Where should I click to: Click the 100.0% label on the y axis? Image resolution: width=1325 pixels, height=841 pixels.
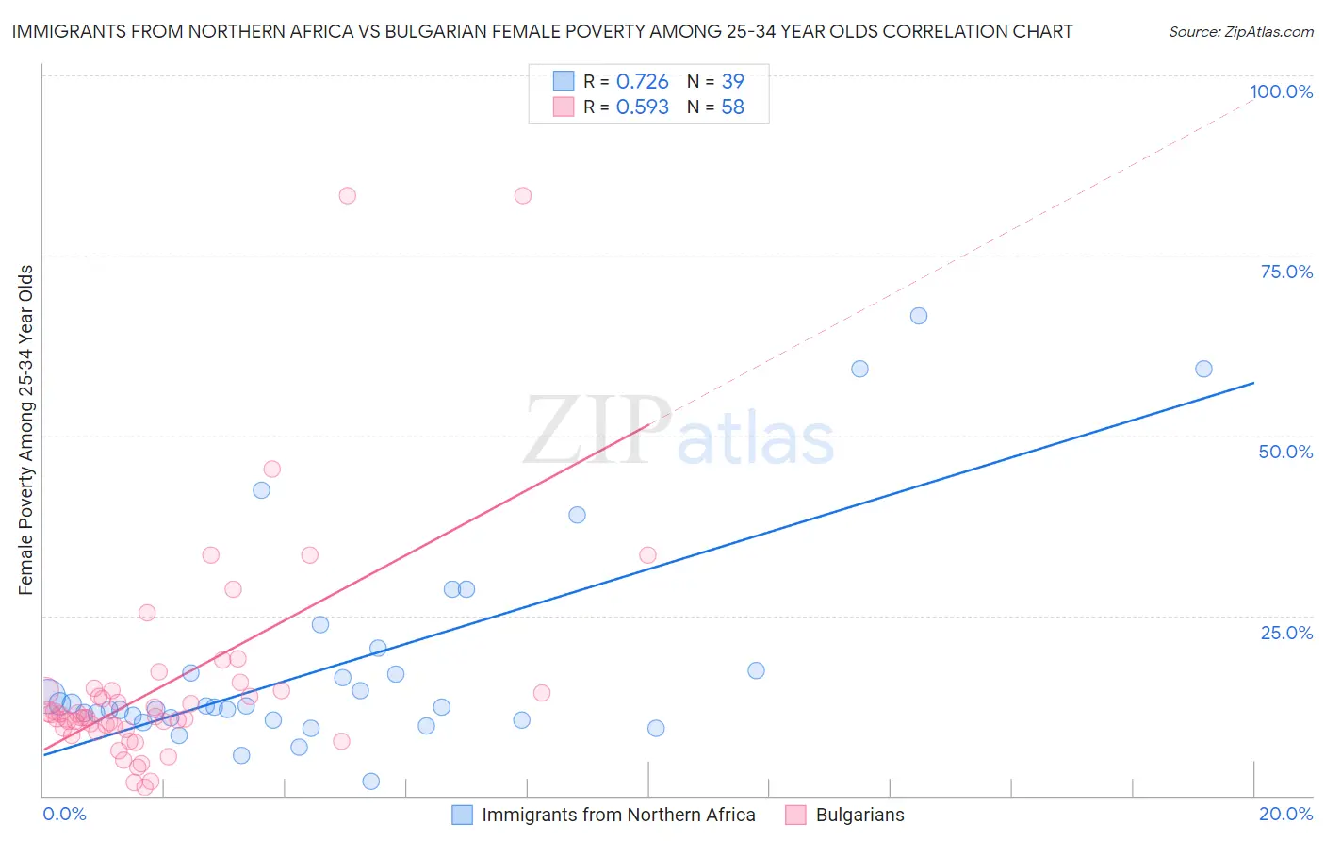pyautogui.click(x=1281, y=91)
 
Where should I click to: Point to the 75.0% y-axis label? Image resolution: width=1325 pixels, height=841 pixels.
pyautogui.click(x=1286, y=272)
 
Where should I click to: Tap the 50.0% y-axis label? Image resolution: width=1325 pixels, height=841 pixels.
pyautogui.click(x=1285, y=452)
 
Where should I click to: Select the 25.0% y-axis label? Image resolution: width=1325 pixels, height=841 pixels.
pyautogui.click(x=1286, y=632)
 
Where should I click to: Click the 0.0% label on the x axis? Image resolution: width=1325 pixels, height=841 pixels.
pyautogui.click(x=64, y=814)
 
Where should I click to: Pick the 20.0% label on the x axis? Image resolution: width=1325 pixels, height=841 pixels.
pyautogui.click(x=1285, y=814)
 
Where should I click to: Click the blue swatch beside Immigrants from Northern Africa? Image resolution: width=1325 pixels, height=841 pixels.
pyautogui.click(x=462, y=815)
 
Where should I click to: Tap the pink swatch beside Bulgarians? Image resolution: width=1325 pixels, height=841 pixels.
pyautogui.click(x=795, y=815)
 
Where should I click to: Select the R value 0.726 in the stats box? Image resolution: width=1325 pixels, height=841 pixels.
pyautogui.click(x=642, y=82)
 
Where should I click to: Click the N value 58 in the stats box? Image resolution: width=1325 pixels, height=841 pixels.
pyautogui.click(x=732, y=107)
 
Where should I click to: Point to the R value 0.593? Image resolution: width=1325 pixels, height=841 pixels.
pyautogui.click(x=642, y=107)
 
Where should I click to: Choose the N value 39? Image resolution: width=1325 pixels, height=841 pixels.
pyautogui.click(x=732, y=82)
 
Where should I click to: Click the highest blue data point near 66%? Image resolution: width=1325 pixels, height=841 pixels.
pyautogui.click(x=919, y=316)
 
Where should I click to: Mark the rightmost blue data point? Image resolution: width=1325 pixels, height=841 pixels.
pyautogui.click(x=1203, y=369)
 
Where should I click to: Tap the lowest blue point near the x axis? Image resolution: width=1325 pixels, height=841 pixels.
pyautogui.click(x=371, y=781)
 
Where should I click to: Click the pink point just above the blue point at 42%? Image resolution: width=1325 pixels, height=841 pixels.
pyautogui.click(x=272, y=469)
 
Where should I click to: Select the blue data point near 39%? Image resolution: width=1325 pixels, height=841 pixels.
pyautogui.click(x=577, y=515)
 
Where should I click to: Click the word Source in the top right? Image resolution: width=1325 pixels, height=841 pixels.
pyautogui.click(x=1194, y=32)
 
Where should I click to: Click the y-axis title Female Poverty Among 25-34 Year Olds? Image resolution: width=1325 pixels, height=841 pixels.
pyautogui.click(x=26, y=430)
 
